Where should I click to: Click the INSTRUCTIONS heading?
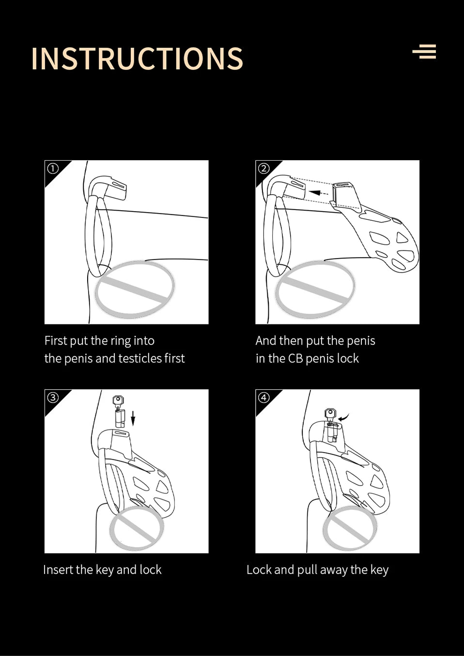137,58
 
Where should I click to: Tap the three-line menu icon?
424,51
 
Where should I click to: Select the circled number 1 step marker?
53,168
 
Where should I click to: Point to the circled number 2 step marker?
263,168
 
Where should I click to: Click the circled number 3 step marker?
53,397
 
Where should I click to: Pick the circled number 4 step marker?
263,397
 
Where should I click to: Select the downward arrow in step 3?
133,418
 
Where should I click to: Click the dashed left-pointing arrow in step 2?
319,193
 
